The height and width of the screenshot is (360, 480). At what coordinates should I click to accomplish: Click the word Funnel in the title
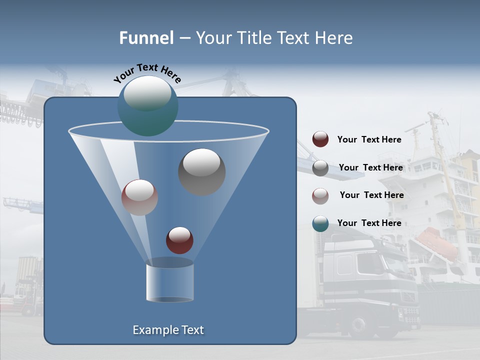coord(146,38)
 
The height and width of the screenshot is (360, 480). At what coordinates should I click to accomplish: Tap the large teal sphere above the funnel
coord(147,105)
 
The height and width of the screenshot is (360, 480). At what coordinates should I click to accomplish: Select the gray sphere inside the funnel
coord(201,171)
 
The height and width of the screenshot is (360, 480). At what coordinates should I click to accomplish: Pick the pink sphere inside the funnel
coord(139,197)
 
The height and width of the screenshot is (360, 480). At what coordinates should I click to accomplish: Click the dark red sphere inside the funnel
coord(179,240)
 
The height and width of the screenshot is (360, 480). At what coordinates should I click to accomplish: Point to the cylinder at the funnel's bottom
coord(169,282)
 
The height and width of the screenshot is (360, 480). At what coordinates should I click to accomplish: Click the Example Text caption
coord(168,330)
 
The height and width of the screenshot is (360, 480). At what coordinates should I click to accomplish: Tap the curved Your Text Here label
coord(147,72)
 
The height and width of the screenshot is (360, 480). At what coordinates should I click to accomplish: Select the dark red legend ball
coord(320,139)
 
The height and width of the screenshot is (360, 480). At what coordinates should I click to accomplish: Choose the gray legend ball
coord(320,168)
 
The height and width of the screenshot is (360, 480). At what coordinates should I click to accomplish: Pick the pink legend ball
coord(320,195)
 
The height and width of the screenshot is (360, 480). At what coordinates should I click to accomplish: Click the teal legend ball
coord(320,223)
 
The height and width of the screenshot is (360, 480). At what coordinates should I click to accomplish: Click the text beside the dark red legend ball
coord(369,139)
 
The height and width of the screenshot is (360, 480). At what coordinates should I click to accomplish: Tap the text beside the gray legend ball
coord(370,167)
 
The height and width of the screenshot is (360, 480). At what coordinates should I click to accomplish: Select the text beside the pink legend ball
coord(371,195)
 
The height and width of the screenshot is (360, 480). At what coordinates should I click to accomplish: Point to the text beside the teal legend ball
coord(369,223)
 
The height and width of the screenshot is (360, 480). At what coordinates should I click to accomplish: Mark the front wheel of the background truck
coord(359,325)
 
